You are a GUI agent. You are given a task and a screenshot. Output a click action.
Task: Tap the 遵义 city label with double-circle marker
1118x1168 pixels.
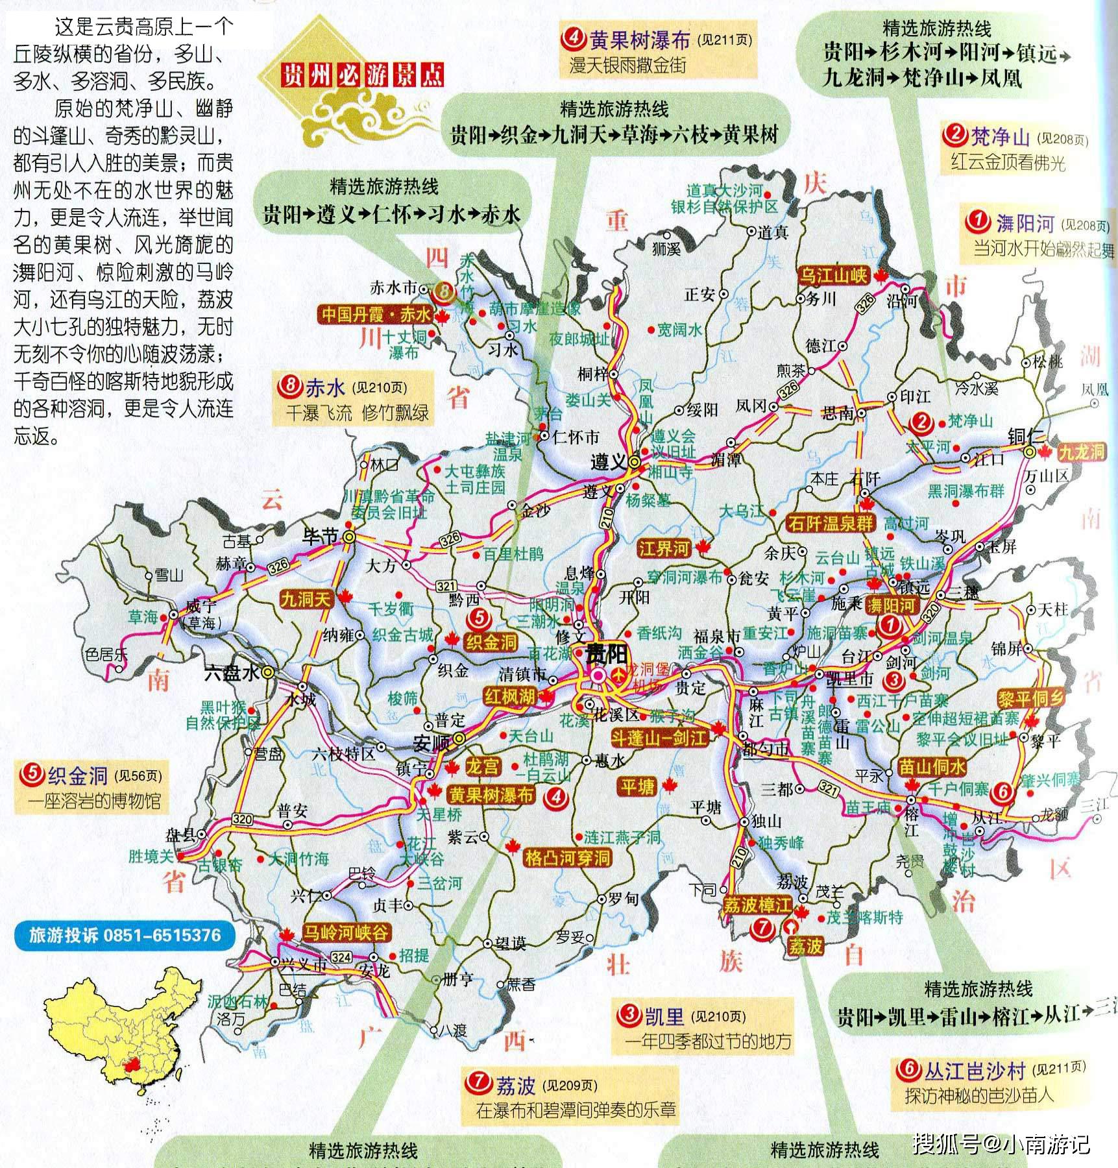tap(609, 461)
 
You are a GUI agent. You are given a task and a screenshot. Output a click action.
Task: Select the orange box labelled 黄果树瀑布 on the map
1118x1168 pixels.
tap(491, 795)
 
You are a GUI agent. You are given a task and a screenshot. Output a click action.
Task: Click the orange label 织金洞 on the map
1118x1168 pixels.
tap(491, 642)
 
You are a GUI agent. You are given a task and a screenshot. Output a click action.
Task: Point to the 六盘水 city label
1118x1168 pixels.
tap(232, 674)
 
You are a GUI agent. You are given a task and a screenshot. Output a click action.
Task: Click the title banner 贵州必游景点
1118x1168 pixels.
tap(362, 76)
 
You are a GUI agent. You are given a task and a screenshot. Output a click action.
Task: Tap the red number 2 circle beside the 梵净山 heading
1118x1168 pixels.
tap(955, 136)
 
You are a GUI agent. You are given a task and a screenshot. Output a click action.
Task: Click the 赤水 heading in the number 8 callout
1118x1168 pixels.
tap(324, 387)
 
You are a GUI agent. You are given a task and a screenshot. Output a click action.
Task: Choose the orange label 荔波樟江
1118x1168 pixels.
tap(757, 905)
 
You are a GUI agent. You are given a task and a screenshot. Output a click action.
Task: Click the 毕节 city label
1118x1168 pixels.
tap(321, 537)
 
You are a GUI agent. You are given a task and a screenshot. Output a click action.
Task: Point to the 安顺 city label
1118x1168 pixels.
tap(431, 742)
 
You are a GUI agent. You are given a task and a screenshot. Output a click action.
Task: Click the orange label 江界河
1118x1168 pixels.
tap(664, 548)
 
